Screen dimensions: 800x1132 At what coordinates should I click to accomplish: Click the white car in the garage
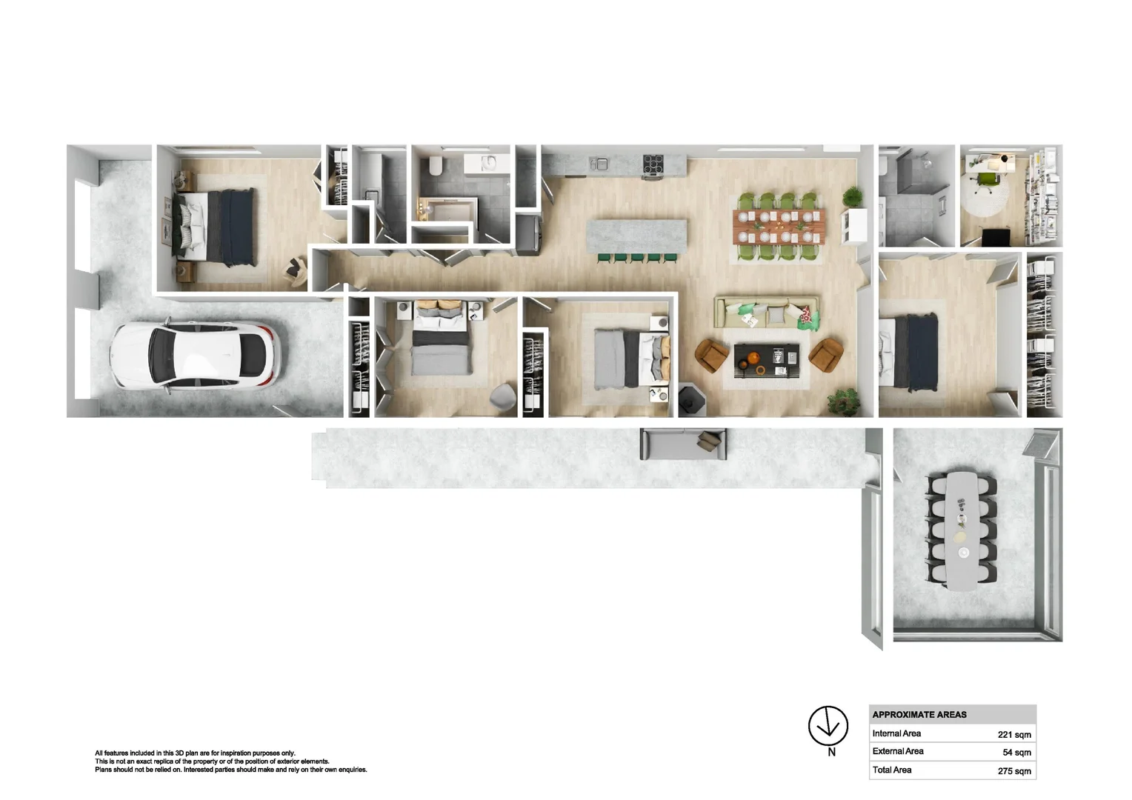point(194,355)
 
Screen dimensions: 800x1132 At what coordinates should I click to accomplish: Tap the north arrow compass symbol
point(828,725)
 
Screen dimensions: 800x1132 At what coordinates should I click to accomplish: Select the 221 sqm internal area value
point(1013,735)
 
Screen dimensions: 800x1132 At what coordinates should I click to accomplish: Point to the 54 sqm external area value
point(1016,753)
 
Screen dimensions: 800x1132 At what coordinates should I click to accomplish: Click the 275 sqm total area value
point(1013,771)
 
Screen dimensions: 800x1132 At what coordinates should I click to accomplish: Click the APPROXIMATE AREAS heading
point(919,715)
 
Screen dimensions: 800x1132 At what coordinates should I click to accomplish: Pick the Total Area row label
point(892,770)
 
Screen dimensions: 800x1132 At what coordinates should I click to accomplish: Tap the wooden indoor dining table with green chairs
point(778,227)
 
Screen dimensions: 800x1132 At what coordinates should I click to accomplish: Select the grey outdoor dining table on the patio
point(962,530)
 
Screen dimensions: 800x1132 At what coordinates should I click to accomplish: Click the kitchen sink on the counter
point(599,163)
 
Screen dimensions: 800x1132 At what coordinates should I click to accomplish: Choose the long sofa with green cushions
point(766,313)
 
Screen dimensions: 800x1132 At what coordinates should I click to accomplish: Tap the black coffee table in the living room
point(766,359)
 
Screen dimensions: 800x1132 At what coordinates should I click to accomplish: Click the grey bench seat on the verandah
point(682,444)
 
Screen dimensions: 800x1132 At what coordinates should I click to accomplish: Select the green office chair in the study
point(987,181)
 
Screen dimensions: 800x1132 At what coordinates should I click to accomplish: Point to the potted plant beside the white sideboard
point(853,197)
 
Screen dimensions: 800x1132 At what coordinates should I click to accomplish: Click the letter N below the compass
point(831,752)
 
